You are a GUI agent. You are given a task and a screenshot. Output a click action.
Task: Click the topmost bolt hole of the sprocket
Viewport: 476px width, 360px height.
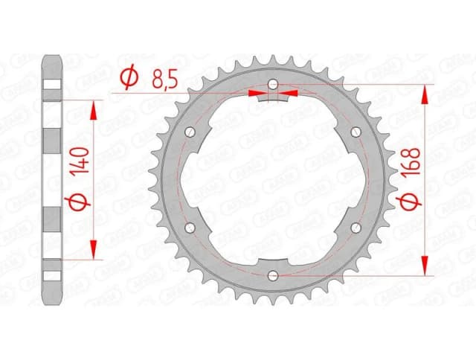[x=273, y=83]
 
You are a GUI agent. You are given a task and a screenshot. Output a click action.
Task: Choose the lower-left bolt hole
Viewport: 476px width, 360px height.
[x=190, y=228]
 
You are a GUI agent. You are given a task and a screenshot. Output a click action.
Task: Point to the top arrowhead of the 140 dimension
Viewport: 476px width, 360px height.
[x=94, y=109]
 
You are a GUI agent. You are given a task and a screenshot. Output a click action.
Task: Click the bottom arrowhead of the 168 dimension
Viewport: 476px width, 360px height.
[x=425, y=267]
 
